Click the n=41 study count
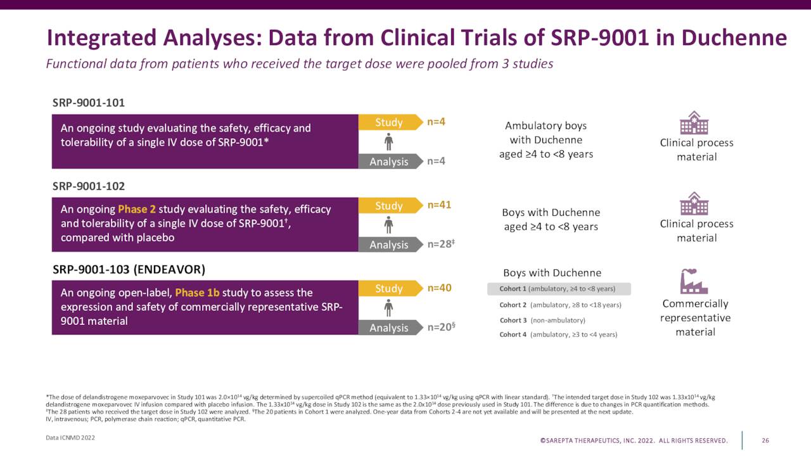439,205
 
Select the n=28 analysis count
441,244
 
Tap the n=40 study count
439,288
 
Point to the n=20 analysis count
441,327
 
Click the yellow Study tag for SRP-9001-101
389,122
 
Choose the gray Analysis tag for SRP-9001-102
389,244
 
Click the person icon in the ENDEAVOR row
388,308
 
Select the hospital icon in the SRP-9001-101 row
694,123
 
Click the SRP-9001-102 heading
88,186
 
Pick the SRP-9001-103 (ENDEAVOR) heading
129,269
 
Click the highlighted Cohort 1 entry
559,289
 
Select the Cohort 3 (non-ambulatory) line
542,320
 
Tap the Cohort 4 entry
558,334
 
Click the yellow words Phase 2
137,210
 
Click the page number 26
765,440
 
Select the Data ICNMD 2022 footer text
70,438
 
